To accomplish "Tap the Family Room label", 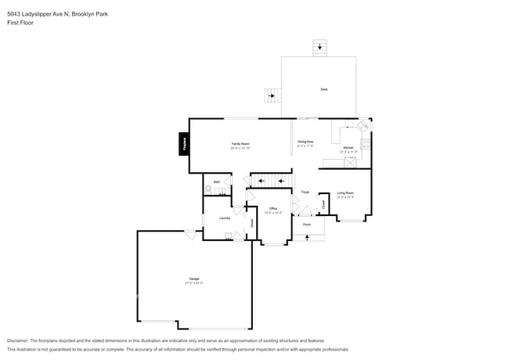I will [x=240, y=144].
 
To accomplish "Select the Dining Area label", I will [x=305, y=142].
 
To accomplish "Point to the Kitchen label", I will [x=348, y=147].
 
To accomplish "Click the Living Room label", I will [x=345, y=193].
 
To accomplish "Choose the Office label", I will [x=273, y=208].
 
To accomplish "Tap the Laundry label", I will [x=224, y=218].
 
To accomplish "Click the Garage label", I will [x=193, y=279].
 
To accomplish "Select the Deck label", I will [x=323, y=89].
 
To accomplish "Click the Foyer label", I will [x=305, y=192].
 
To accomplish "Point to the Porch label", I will [x=307, y=224].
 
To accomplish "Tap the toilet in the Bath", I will [x=208, y=189].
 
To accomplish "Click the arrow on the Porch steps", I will [x=307, y=237].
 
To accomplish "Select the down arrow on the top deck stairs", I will [x=319, y=47].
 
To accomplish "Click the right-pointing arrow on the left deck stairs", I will [x=272, y=96].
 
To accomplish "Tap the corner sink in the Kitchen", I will [x=363, y=126].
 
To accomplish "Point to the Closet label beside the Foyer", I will [x=323, y=204].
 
